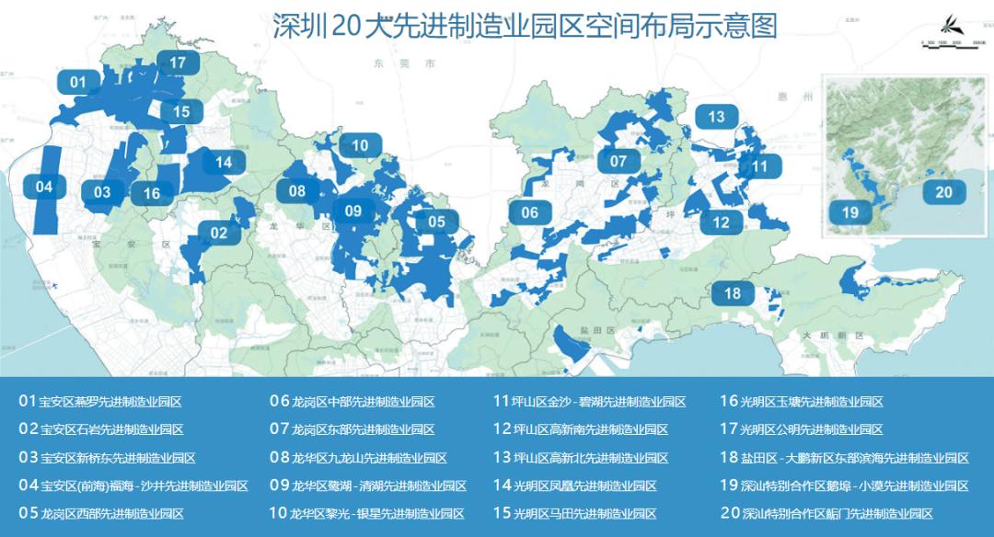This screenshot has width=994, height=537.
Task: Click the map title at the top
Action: [525, 26]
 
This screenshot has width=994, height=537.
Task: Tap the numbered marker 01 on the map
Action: [78, 82]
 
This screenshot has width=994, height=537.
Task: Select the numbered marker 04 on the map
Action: [44, 187]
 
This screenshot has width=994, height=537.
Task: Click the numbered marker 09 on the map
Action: [353, 211]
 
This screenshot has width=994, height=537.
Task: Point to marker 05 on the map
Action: [436, 221]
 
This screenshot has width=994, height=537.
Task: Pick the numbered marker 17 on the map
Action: [178, 63]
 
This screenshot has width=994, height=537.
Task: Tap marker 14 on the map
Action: [224, 163]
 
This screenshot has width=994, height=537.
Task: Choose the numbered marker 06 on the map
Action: [529, 212]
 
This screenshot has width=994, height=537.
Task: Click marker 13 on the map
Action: [716, 117]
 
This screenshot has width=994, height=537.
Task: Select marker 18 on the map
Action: [733, 293]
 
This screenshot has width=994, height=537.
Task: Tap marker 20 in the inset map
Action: [943, 192]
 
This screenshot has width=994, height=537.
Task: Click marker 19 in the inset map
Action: [850, 212]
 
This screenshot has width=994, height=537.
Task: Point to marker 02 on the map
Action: [219, 233]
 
